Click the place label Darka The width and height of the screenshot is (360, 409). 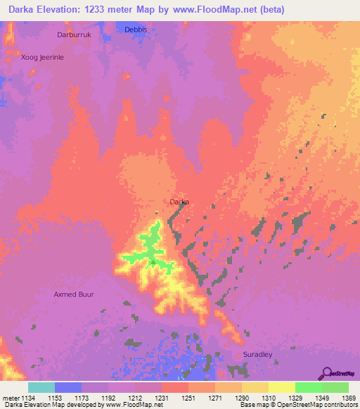click(x=179, y=202)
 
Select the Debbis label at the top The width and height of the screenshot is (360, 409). click(x=135, y=30)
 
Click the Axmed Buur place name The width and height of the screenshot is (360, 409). click(x=74, y=294)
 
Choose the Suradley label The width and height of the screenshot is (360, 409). click(x=257, y=355)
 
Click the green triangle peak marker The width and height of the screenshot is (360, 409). click(x=153, y=262)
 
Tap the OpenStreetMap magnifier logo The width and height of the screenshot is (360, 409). click(x=326, y=372)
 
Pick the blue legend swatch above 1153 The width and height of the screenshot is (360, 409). click(x=67, y=387)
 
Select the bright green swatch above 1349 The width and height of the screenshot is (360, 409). click(x=309, y=387)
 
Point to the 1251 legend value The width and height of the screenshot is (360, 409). click(x=188, y=398)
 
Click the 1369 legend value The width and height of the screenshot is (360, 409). click(x=349, y=398)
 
